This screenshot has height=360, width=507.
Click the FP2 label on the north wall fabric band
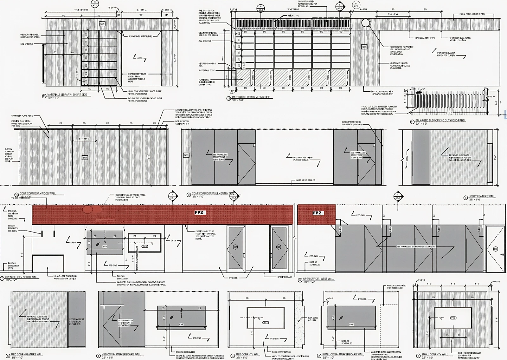199,213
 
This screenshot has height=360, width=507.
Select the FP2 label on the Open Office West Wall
317,213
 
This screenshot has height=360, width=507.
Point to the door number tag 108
279,247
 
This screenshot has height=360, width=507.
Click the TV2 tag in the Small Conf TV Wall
453,318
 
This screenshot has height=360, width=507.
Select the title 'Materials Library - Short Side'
67,95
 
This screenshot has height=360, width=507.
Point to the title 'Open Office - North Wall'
22,277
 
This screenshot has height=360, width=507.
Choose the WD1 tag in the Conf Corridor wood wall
85,158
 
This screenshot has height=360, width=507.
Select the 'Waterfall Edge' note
206,70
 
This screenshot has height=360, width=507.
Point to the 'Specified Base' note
284,277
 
